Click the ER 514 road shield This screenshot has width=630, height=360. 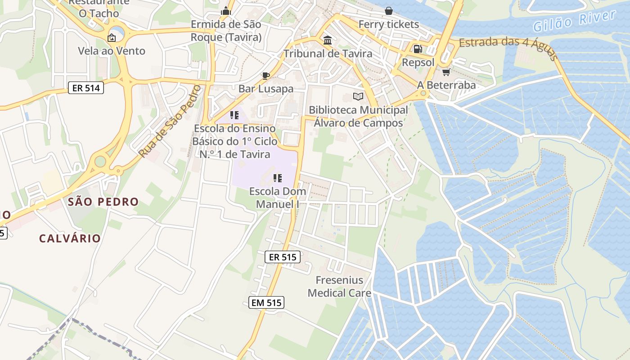pyautogui.click(x=86, y=88)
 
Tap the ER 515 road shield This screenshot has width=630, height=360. pyautogui.click(x=282, y=257)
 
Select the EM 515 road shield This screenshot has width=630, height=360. pyautogui.click(x=266, y=302)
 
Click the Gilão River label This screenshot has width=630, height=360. pyautogui.click(x=574, y=21)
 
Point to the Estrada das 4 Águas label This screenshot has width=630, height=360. pyautogui.click(x=508, y=48)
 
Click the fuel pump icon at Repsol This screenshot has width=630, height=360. pyautogui.click(x=418, y=49)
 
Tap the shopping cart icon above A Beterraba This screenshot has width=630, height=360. pyautogui.click(x=446, y=72)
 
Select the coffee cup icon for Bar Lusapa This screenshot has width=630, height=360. pyautogui.click(x=265, y=75)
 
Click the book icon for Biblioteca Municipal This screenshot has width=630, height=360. pyautogui.click(x=358, y=96)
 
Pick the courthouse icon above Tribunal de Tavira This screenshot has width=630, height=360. pyautogui.click(x=328, y=40)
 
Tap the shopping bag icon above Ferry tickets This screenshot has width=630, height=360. pyautogui.click(x=389, y=10)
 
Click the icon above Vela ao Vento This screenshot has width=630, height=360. pyautogui.click(x=112, y=37)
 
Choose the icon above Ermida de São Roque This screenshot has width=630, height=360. pyautogui.click(x=226, y=10)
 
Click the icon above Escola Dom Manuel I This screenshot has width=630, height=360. pyautogui.click(x=278, y=178)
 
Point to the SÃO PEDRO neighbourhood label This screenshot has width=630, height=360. pyautogui.click(x=103, y=202)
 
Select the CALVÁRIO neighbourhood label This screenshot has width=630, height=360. pyautogui.click(x=70, y=238)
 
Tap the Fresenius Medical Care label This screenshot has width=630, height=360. pyautogui.click(x=339, y=287)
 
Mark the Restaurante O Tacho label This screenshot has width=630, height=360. pyautogui.click(x=99, y=8)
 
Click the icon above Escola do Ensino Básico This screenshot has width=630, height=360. pyautogui.click(x=234, y=115)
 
